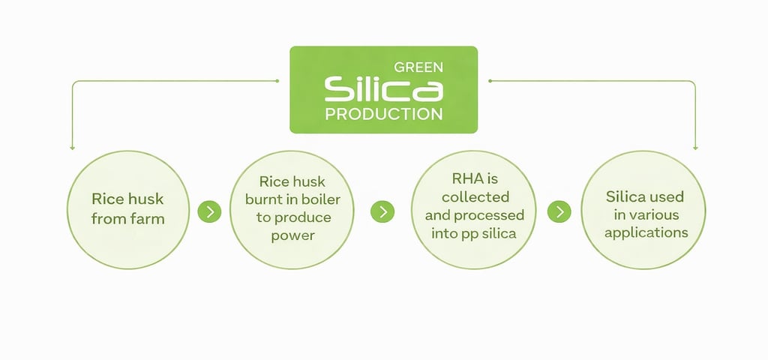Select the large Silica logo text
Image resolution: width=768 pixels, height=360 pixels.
[x=383, y=90]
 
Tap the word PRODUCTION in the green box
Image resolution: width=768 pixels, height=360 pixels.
[x=383, y=115]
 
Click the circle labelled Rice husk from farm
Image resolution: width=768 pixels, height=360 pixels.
[x=127, y=209]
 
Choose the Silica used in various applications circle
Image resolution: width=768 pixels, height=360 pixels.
[x=644, y=210]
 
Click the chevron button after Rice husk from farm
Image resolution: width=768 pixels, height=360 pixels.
[x=209, y=211]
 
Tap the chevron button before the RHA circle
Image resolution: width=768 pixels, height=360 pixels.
[x=383, y=211]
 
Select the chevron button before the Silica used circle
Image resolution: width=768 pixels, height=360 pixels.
[x=559, y=211]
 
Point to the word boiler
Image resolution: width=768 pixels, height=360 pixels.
[x=321, y=198]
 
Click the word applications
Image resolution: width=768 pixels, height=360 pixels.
[x=646, y=232]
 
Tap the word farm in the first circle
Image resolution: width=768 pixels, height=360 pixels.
[x=147, y=219]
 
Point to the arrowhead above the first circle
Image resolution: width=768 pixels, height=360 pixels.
[x=72, y=148]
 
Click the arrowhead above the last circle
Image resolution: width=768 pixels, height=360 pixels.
[x=695, y=148]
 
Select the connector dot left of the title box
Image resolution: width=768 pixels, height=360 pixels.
[x=277, y=80]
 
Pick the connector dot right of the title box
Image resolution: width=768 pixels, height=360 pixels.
[x=490, y=80]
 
